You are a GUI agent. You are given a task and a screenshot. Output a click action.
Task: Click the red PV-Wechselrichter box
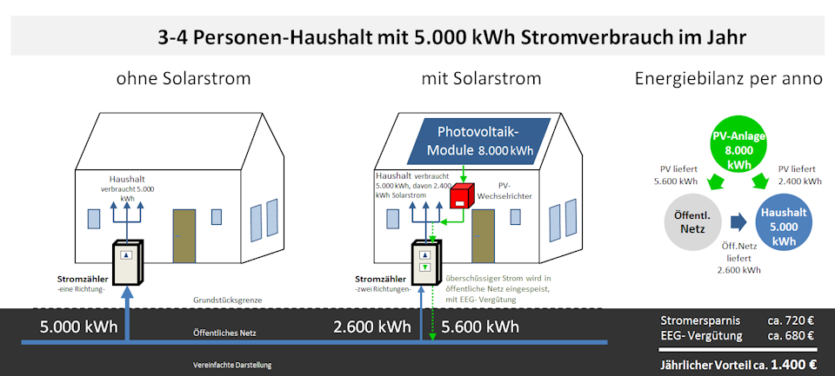(462, 195)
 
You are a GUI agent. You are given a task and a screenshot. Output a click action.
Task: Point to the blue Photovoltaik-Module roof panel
(478, 141)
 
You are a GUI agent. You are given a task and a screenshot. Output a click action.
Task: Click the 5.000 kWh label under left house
(79, 326)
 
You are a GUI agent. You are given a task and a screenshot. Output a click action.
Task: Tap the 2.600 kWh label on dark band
(372, 326)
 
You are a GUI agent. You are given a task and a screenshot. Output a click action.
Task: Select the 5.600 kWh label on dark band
(480, 326)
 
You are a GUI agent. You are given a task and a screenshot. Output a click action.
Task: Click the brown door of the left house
(184, 236)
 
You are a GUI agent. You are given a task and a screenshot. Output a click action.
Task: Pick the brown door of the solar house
(483, 236)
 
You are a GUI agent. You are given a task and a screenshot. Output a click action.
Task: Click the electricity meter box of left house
(129, 263)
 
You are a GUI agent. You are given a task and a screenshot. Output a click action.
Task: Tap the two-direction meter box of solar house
(426, 263)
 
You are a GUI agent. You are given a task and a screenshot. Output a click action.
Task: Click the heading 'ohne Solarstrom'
(184, 79)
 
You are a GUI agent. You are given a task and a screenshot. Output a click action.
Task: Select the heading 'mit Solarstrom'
(481, 79)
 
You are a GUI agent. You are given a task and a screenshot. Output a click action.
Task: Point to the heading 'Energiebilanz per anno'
(729, 79)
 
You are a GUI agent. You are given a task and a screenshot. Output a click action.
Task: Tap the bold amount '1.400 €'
(795, 365)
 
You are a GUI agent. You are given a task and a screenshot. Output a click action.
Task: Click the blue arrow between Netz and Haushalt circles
(738, 222)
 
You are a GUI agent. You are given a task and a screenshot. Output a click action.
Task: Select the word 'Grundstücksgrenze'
(227, 300)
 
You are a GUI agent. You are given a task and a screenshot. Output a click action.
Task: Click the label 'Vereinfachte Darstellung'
(232, 366)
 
